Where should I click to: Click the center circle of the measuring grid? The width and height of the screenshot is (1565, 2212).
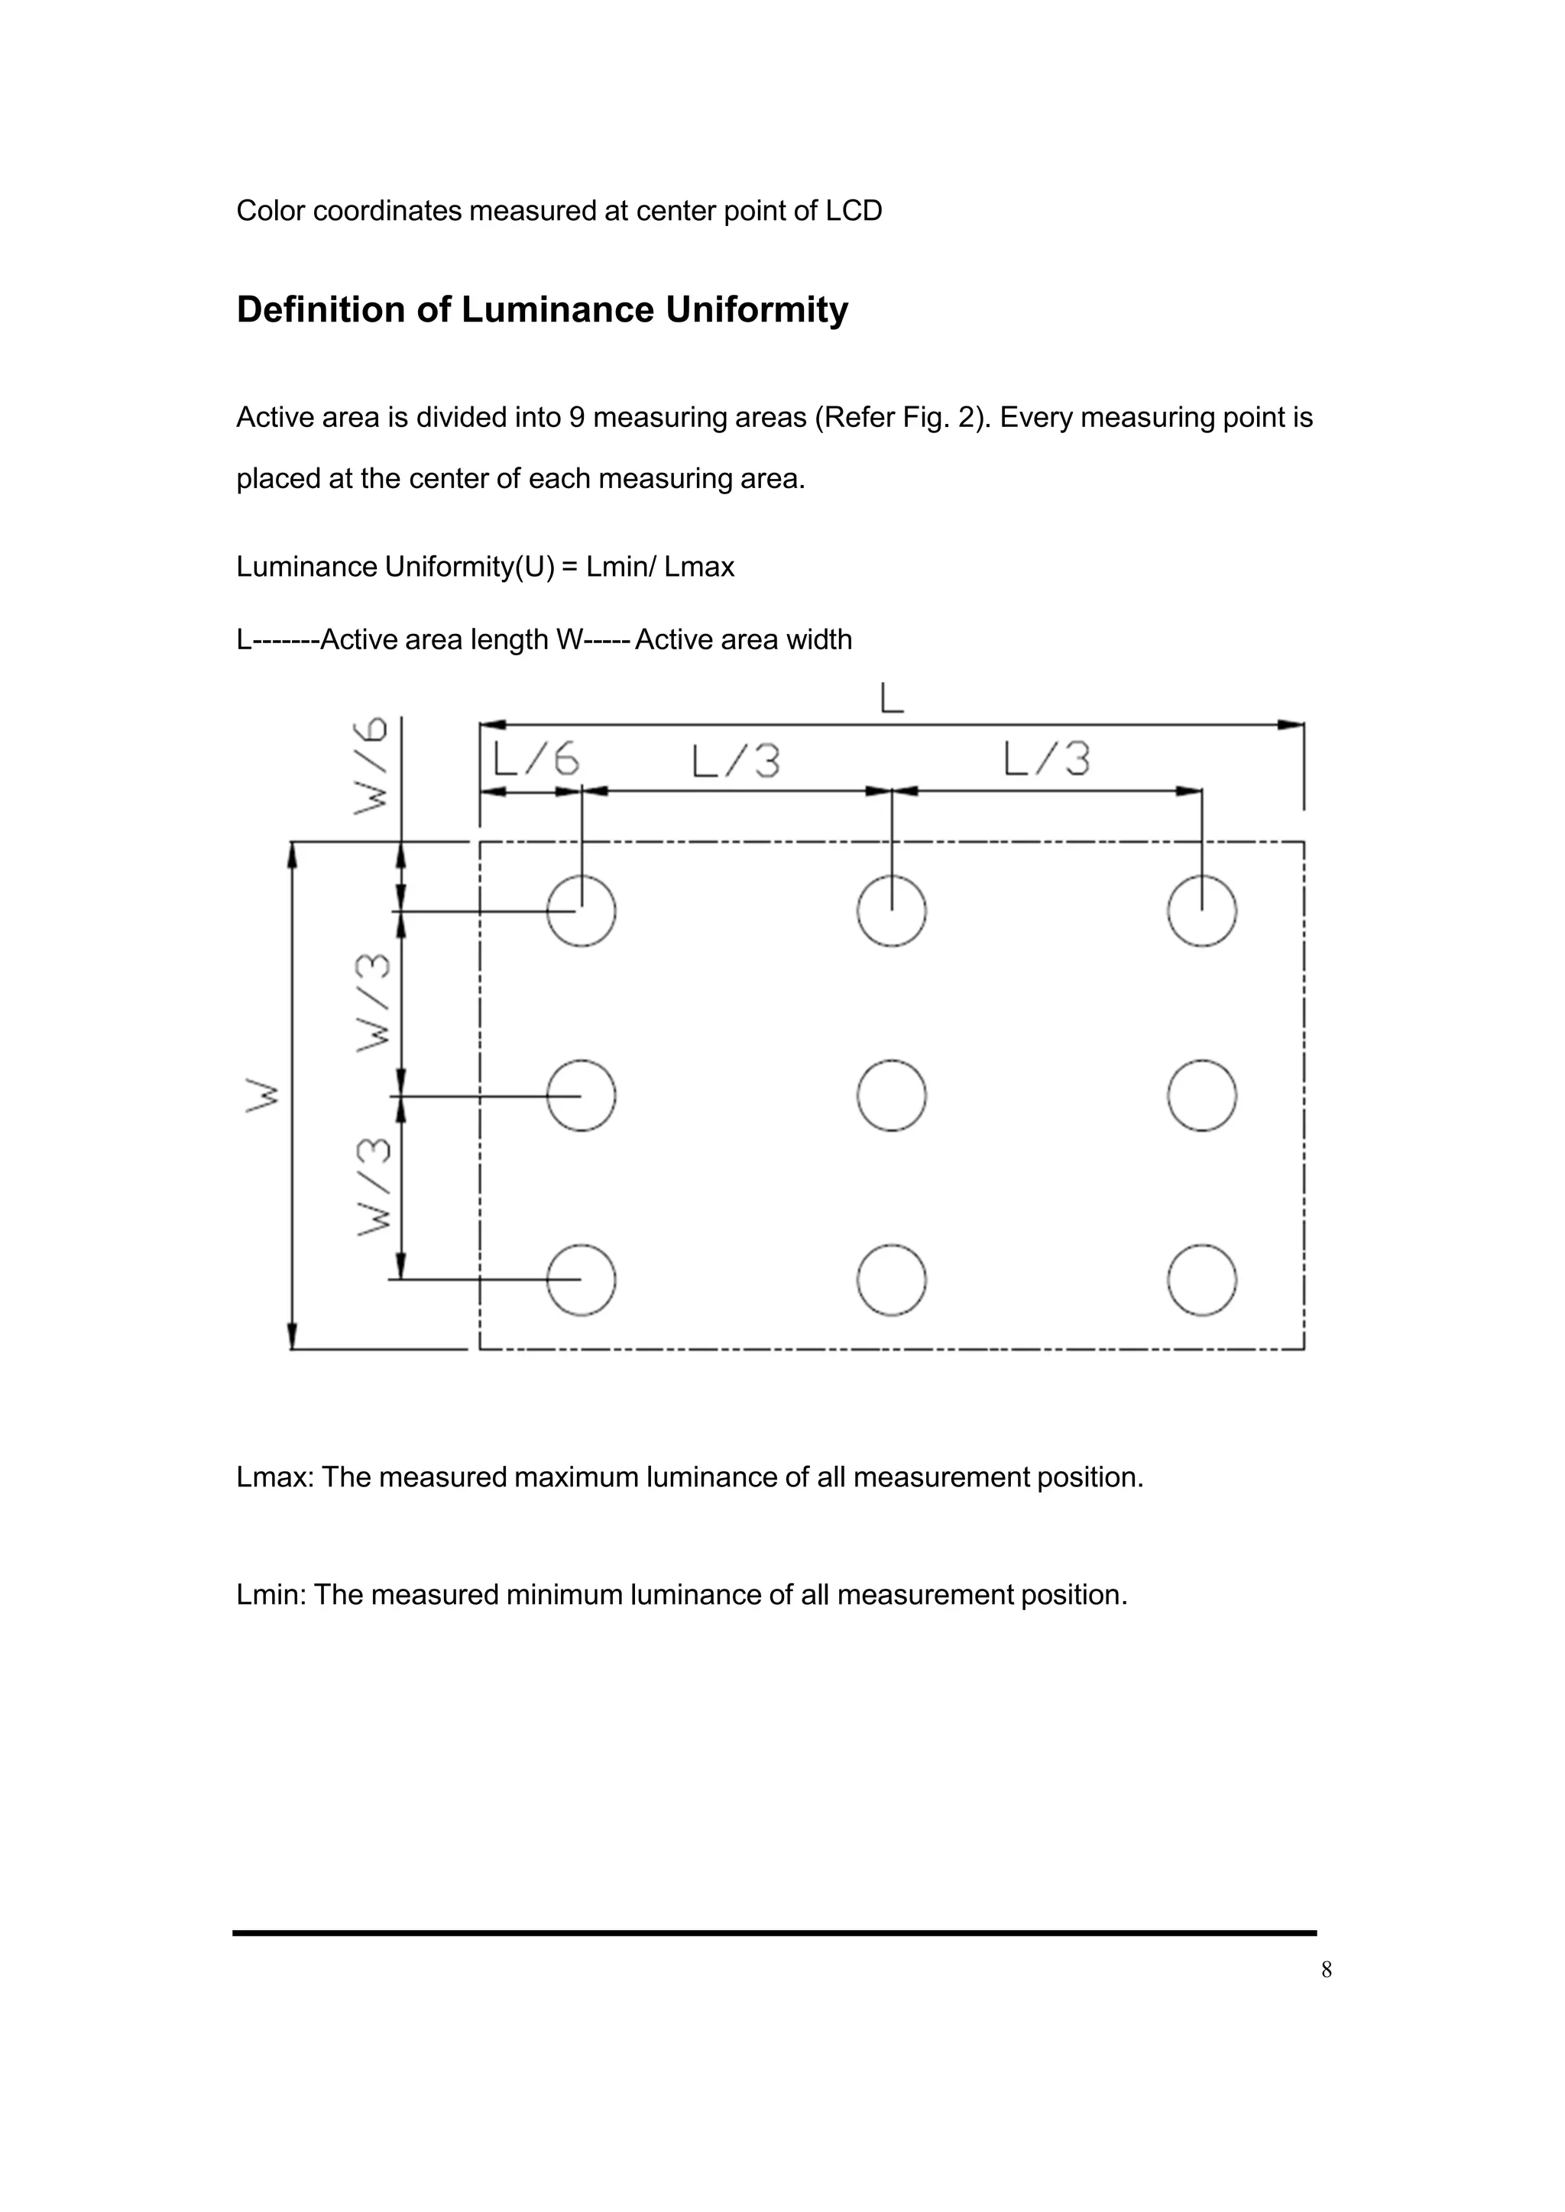[x=892, y=1095]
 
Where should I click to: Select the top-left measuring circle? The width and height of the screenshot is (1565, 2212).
[x=581, y=910]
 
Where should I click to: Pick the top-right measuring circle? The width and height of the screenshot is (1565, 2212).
[x=1202, y=910]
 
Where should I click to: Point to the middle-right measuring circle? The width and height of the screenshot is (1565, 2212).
[x=1202, y=1095]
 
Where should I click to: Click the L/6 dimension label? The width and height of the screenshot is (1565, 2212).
[x=536, y=761]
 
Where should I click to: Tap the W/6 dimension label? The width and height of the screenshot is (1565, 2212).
[x=372, y=766]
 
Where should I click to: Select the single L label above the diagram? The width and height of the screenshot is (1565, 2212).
[x=893, y=698]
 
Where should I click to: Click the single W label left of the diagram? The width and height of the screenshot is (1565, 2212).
[x=263, y=1096]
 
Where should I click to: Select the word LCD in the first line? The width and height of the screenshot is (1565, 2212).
[x=854, y=211]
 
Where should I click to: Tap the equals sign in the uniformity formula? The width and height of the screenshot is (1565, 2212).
[x=569, y=568]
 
